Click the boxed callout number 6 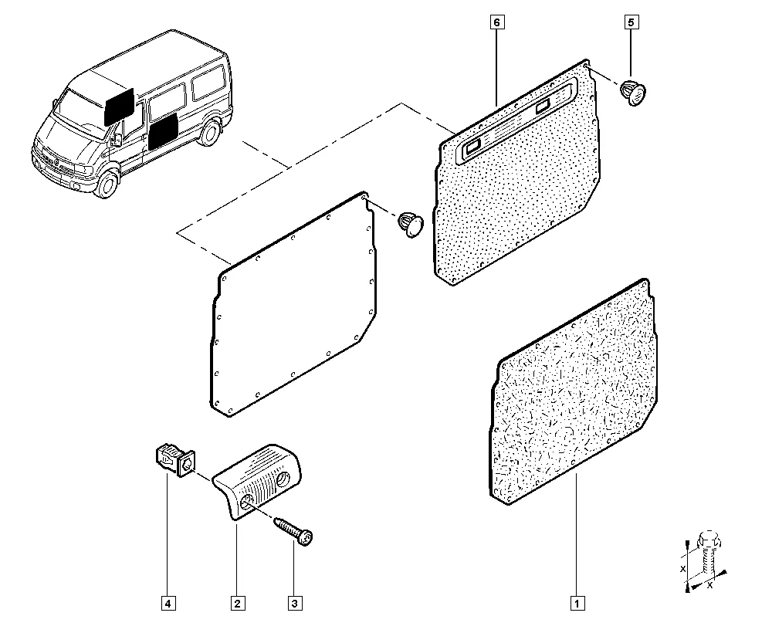(x=496, y=22)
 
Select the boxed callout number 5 (x=631, y=22)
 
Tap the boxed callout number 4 (x=168, y=603)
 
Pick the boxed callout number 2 (x=237, y=603)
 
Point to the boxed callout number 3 (x=294, y=603)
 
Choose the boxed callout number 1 (x=577, y=603)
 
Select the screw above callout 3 (x=294, y=530)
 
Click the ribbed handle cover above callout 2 (x=257, y=480)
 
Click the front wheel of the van (x=107, y=183)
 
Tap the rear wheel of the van (x=210, y=132)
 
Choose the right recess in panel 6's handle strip (x=543, y=105)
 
